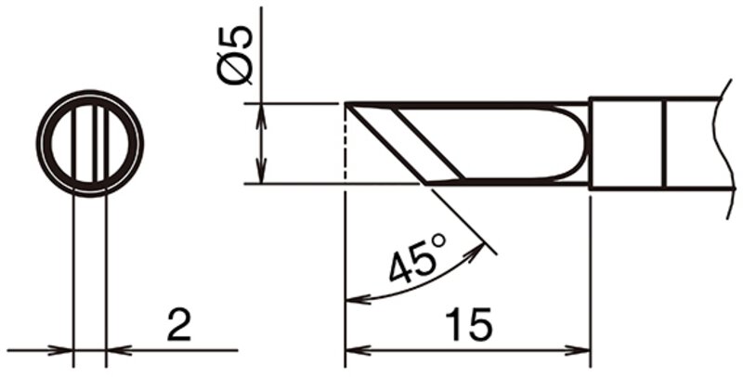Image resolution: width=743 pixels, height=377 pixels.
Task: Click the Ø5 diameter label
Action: pyautogui.click(x=234, y=56)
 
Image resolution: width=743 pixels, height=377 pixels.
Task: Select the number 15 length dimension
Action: pyautogui.click(x=468, y=324)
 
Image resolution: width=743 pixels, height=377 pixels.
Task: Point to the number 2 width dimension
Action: pyautogui.click(x=178, y=324)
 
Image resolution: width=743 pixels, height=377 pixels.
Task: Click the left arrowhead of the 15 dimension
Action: pyautogui.click(x=358, y=350)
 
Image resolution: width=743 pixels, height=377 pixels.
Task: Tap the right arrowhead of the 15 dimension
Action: pyautogui.click(x=578, y=350)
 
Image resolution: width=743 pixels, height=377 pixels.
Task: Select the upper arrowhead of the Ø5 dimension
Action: pyautogui.click(x=261, y=116)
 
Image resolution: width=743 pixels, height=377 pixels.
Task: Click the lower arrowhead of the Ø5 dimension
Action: pyautogui.click(x=261, y=171)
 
